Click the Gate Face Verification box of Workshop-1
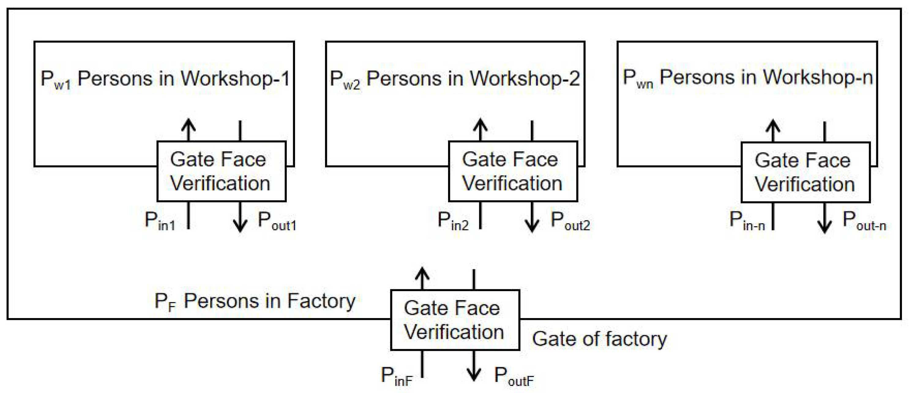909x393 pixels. click(221, 171)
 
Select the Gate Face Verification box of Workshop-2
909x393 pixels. click(513, 171)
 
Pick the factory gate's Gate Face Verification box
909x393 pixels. click(455, 320)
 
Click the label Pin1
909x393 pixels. click(160, 221)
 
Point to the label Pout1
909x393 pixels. click(277, 221)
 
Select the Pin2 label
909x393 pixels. click(453, 221)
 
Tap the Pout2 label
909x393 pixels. click(570, 221)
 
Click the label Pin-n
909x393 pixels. click(747, 221)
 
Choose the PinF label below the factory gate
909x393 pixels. click(397, 376)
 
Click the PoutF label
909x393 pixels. click(514, 376)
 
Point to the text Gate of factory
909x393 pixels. click(600, 339)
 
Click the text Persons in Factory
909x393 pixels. click(269, 301)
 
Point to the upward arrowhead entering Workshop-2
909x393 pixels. click(480, 124)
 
